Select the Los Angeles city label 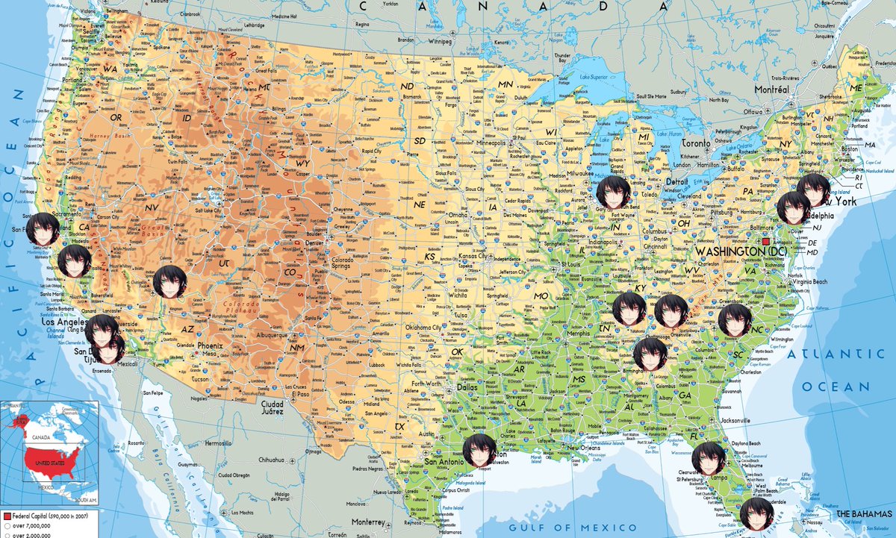tap(52, 322)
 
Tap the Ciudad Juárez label tap(272, 407)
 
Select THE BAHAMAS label tap(865, 515)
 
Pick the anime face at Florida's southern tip tap(756, 514)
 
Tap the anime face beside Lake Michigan tap(615, 192)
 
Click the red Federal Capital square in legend tap(6, 516)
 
